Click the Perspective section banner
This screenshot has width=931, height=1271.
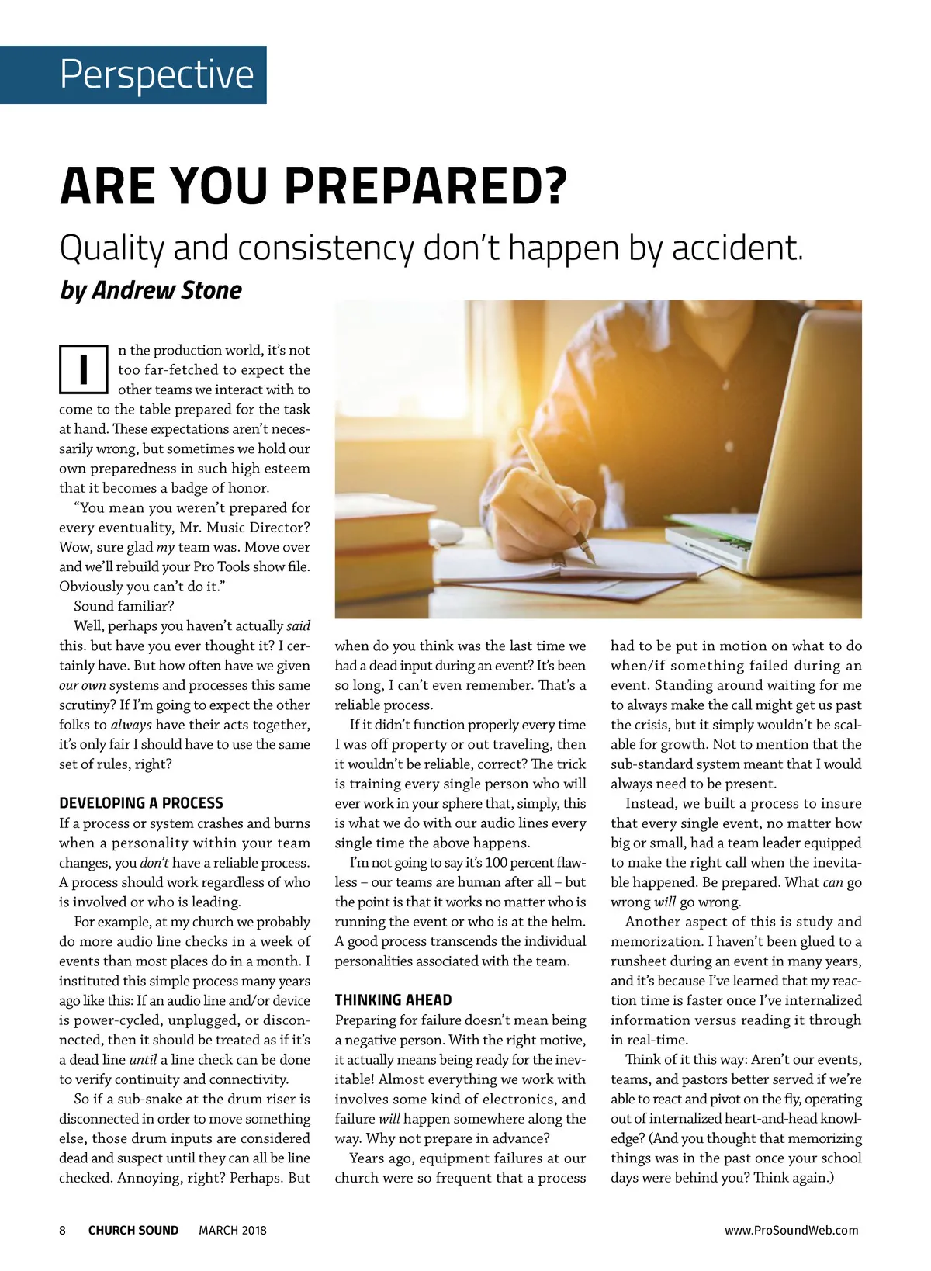click(133, 74)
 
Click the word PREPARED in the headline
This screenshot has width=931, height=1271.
click(426, 186)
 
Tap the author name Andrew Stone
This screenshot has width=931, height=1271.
click(167, 290)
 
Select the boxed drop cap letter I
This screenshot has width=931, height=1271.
click(83, 369)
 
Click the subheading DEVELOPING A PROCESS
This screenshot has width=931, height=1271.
click(140, 803)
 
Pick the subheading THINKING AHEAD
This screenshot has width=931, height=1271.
click(393, 1000)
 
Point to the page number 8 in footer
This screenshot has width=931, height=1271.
click(63, 1230)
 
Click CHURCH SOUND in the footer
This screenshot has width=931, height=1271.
click(133, 1230)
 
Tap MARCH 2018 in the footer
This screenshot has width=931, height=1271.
click(232, 1230)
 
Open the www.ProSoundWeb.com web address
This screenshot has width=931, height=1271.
click(791, 1230)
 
